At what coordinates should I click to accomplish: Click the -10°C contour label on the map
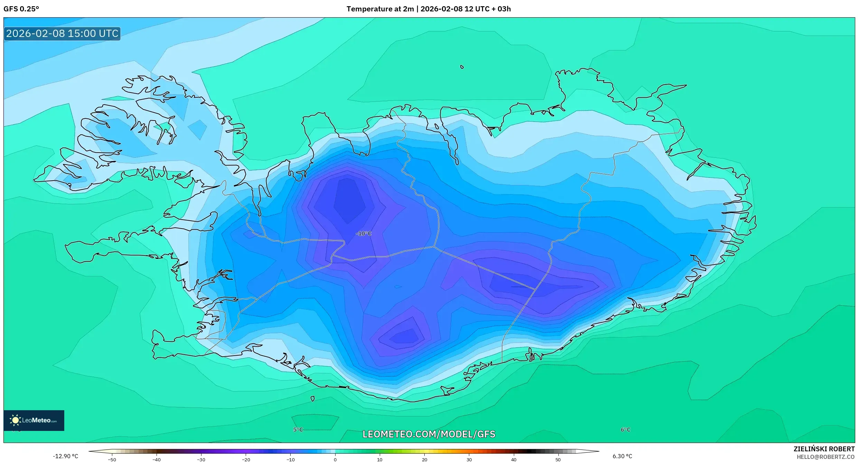click(x=363, y=234)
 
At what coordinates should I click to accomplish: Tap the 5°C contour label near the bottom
click(x=298, y=430)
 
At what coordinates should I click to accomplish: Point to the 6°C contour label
click(x=625, y=430)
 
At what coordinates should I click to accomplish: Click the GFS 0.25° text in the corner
click(x=21, y=9)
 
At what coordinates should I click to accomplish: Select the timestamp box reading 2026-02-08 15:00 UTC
click(x=62, y=33)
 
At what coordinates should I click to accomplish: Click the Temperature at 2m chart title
click(x=428, y=9)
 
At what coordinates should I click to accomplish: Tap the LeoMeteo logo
click(x=34, y=420)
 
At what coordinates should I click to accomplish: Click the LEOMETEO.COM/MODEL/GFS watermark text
click(x=429, y=434)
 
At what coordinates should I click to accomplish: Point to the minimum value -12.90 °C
click(x=66, y=456)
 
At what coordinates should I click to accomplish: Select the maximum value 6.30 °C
click(x=622, y=456)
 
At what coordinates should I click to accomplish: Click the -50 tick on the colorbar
click(x=112, y=460)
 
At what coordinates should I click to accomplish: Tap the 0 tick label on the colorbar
click(x=335, y=460)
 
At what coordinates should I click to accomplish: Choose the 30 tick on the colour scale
click(x=469, y=460)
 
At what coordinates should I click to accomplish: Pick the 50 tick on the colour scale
click(x=558, y=460)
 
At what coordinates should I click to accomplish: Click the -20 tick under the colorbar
click(x=246, y=460)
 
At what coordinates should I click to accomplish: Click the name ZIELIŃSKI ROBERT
click(x=824, y=449)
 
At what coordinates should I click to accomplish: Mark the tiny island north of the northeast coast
click(x=462, y=67)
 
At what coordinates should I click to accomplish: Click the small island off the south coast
click(x=313, y=399)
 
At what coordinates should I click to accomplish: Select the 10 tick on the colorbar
click(x=380, y=460)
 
